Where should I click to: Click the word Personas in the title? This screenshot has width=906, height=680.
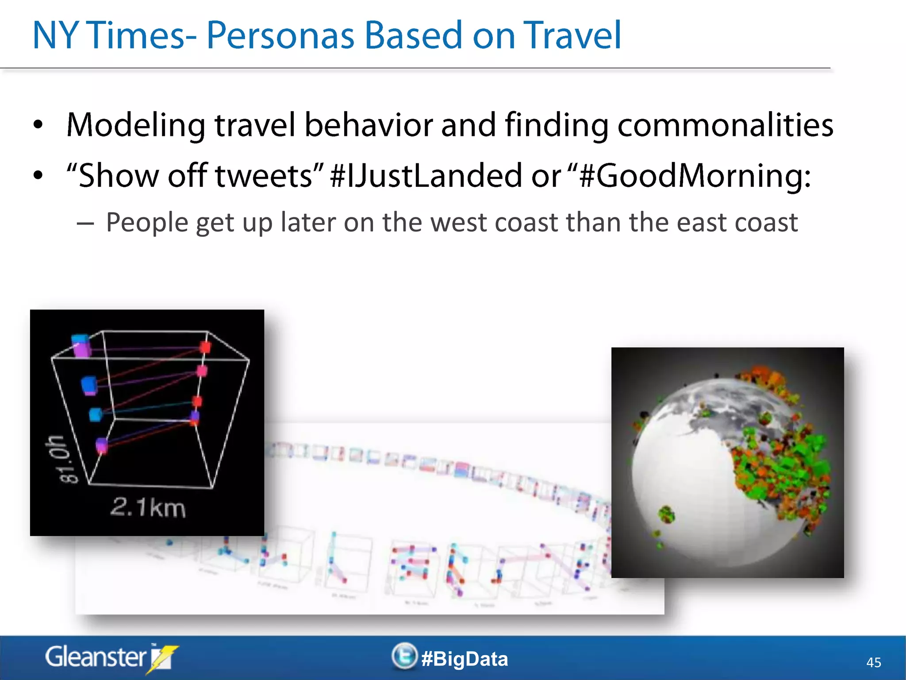[280, 35]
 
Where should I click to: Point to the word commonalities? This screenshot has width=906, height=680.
[725, 125]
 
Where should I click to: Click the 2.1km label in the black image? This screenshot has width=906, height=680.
[148, 507]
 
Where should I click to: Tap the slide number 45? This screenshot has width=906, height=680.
[873, 662]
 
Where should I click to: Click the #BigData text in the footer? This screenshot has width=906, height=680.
[465, 659]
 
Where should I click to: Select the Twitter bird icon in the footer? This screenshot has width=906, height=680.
[404, 656]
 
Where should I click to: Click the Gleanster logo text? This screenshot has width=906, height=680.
[95, 657]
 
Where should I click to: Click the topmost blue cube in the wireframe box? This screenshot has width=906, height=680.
[81, 340]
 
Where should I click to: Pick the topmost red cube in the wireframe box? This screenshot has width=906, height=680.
[205, 347]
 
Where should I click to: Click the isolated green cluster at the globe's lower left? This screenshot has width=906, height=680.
[666, 515]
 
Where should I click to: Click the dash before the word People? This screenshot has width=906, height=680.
[85, 224]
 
